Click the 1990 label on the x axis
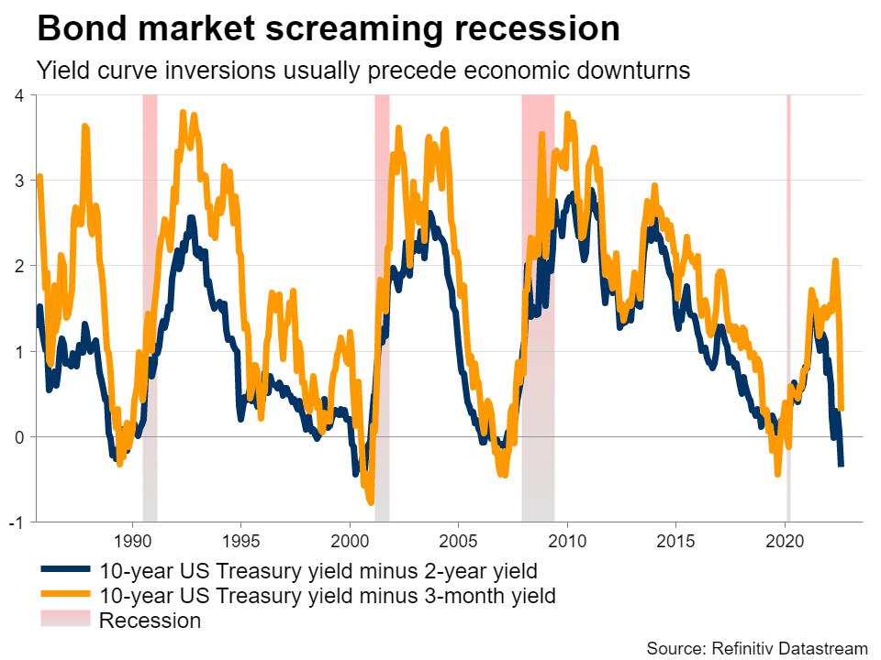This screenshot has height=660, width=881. click(x=132, y=539)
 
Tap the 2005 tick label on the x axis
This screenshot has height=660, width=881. click(x=458, y=539)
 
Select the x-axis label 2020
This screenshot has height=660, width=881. click(x=785, y=539)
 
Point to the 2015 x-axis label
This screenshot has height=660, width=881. click(x=675, y=539)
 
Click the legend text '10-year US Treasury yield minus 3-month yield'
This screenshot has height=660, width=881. click(x=327, y=596)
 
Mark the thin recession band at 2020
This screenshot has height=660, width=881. click(x=788, y=275)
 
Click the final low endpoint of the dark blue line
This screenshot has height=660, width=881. click(x=841, y=465)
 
